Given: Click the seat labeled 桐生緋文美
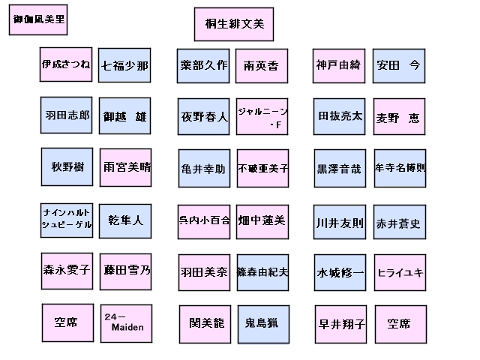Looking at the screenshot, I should point(235,25).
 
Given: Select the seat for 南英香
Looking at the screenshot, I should point(261,66).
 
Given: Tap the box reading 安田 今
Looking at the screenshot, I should point(399,65).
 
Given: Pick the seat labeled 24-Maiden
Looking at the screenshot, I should point(126,323).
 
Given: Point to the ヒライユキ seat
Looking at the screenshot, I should point(400,272).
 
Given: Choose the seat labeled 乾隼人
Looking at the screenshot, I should point(125,220).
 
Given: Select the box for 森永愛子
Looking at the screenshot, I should point(66,270).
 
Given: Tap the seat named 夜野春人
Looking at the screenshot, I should point(204,117).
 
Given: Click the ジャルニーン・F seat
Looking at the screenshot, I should point(262,117).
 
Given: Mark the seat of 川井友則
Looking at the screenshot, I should point(340,223).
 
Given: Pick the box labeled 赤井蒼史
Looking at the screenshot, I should point(399,223).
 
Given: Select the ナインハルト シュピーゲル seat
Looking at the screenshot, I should point(67,219).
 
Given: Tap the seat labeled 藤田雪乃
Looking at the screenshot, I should point(126,271).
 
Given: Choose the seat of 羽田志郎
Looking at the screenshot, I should point(66,115).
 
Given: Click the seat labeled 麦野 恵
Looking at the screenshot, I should point(399,118).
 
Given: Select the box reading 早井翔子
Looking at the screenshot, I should point(341,325).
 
